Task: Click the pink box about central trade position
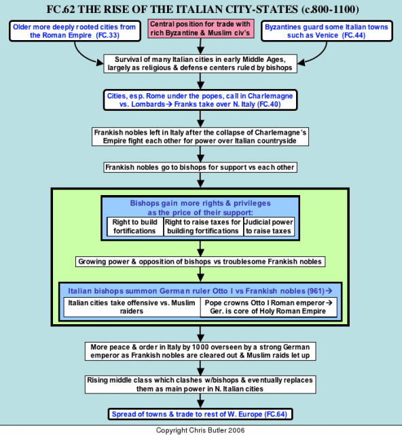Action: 201,29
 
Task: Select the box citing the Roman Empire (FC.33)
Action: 75,31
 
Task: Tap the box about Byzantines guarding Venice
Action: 327,31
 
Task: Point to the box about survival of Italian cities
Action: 200,64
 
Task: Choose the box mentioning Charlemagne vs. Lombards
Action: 200,100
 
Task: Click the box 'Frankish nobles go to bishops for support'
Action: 200,167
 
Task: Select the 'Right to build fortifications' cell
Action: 134,226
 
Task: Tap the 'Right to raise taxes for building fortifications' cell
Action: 203,226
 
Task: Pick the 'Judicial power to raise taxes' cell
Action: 269,226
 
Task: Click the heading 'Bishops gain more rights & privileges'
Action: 200,203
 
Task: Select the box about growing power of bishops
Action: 200,262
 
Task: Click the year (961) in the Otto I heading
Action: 316,291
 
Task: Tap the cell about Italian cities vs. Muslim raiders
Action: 132,307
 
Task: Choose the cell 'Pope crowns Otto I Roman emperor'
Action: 268,307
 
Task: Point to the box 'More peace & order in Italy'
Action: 200,351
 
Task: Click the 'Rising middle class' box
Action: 200,384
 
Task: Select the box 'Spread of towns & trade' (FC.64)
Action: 200,414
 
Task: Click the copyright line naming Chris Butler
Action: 200,430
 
